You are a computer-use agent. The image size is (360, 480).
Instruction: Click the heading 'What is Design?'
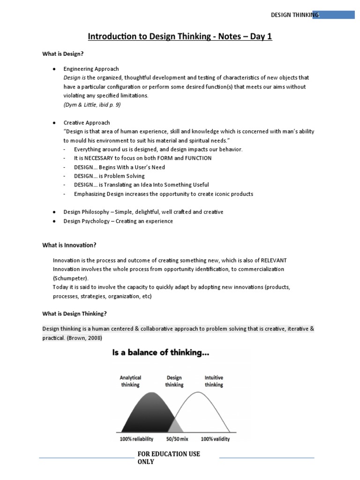(63, 54)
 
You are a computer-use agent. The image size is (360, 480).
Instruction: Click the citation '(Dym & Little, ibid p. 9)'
(92, 105)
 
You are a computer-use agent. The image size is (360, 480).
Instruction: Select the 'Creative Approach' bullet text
(87, 123)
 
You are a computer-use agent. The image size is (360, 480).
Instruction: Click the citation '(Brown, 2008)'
(86, 338)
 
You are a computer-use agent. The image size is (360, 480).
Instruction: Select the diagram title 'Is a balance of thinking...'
(160, 353)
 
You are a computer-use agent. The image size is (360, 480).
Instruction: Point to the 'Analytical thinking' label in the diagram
(130, 381)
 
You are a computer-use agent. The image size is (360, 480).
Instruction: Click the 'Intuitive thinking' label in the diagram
(214, 381)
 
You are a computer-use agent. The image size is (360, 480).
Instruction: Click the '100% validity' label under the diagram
(215, 440)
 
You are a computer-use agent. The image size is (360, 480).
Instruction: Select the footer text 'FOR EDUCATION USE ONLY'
(168, 457)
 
